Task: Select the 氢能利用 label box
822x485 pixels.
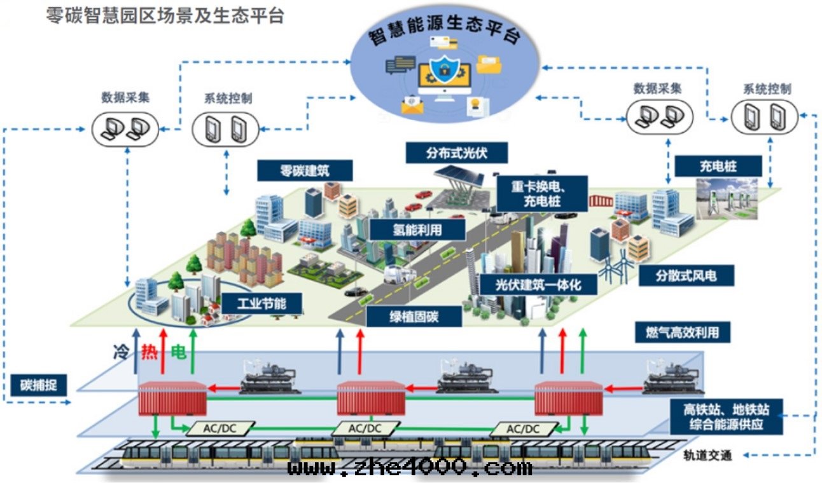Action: point(417,229)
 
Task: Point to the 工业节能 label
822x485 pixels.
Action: point(261,304)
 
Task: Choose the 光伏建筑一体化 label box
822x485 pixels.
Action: point(538,283)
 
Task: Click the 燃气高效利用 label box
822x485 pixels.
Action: point(682,332)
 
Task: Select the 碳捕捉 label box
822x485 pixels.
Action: point(39,385)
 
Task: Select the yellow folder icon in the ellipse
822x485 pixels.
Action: point(488,65)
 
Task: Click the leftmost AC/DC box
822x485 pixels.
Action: point(219,428)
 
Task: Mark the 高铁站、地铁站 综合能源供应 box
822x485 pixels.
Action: point(727,416)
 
